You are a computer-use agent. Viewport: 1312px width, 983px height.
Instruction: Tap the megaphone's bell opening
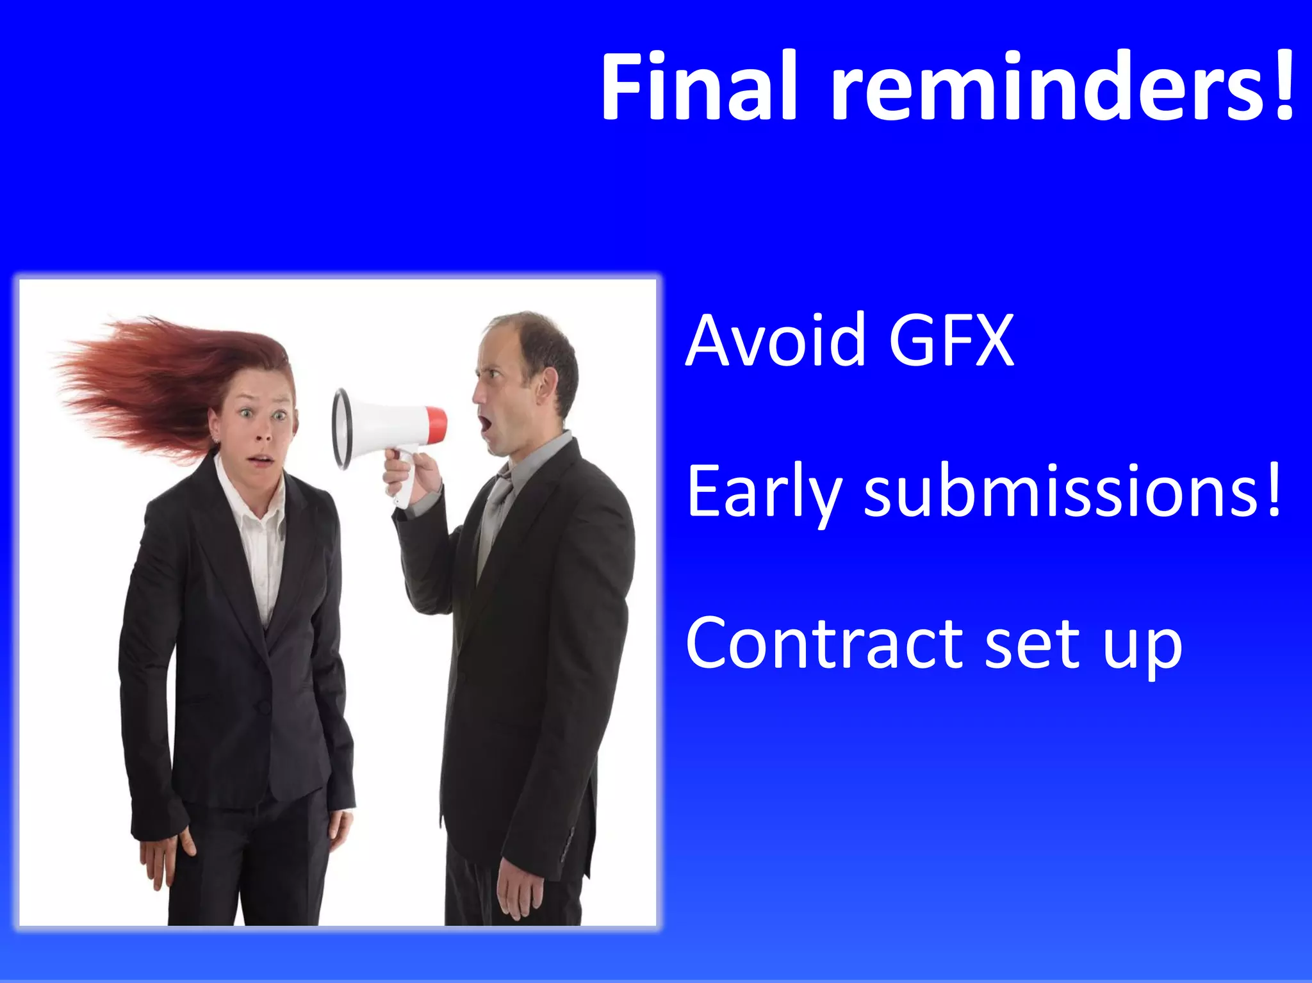coord(341,428)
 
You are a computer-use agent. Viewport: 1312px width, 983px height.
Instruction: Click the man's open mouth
coord(485,423)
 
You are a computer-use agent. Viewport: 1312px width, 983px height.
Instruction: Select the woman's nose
coord(262,434)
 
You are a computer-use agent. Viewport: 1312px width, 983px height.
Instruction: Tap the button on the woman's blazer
coord(263,706)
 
